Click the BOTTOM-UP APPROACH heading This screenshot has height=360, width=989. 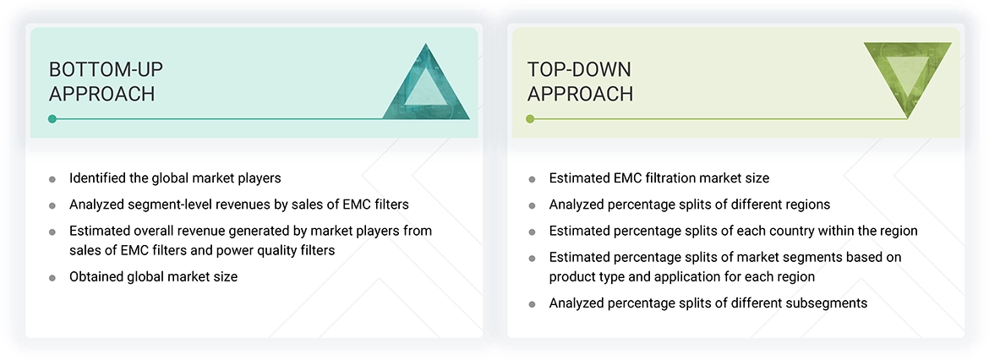(101, 81)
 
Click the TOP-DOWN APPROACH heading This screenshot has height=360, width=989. (580, 81)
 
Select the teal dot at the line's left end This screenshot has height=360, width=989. (52, 119)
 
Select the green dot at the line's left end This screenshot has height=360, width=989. (530, 119)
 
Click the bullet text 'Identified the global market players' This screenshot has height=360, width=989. (175, 178)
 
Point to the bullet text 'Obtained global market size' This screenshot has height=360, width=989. (153, 276)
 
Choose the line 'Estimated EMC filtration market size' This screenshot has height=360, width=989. (658, 178)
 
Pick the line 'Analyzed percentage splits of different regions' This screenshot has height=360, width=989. (689, 205)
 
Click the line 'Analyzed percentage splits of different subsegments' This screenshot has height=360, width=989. (708, 303)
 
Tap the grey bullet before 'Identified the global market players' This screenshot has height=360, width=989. (52, 179)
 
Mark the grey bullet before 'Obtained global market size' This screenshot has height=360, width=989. (52, 277)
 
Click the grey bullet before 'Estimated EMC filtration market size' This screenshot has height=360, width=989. (531, 179)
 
